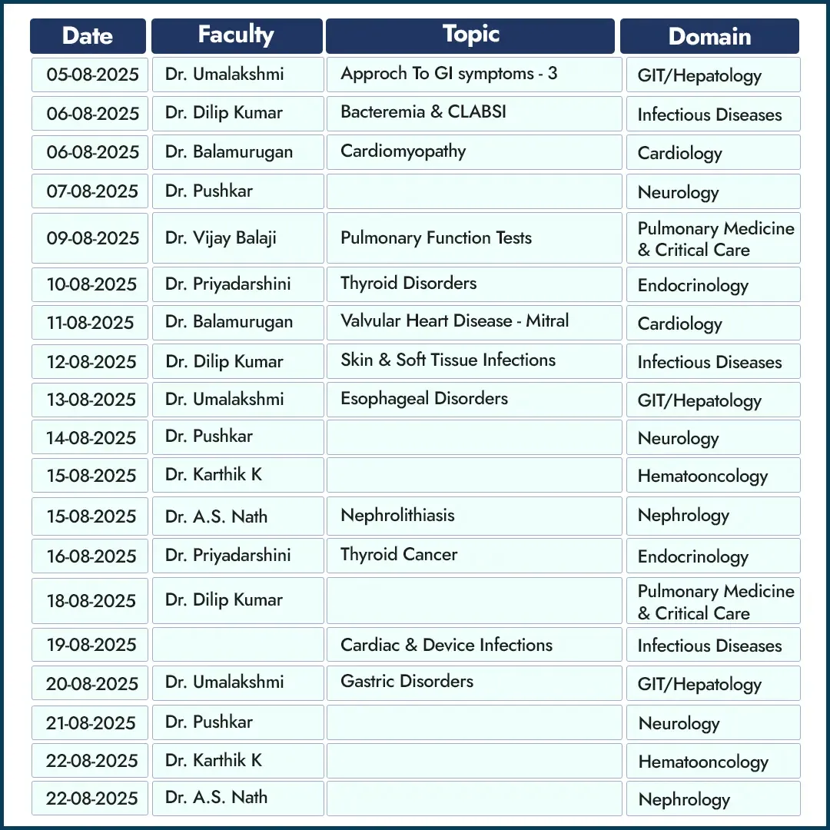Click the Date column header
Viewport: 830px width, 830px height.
coord(88,36)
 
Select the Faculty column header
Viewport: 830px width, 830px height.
coord(237,35)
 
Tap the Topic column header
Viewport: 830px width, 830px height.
coord(470,35)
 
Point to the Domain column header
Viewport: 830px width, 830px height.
coord(709,36)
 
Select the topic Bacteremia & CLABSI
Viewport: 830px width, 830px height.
coord(423,112)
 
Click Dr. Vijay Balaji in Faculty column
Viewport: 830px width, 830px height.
coord(221,238)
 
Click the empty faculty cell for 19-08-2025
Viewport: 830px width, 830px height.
coord(237,645)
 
